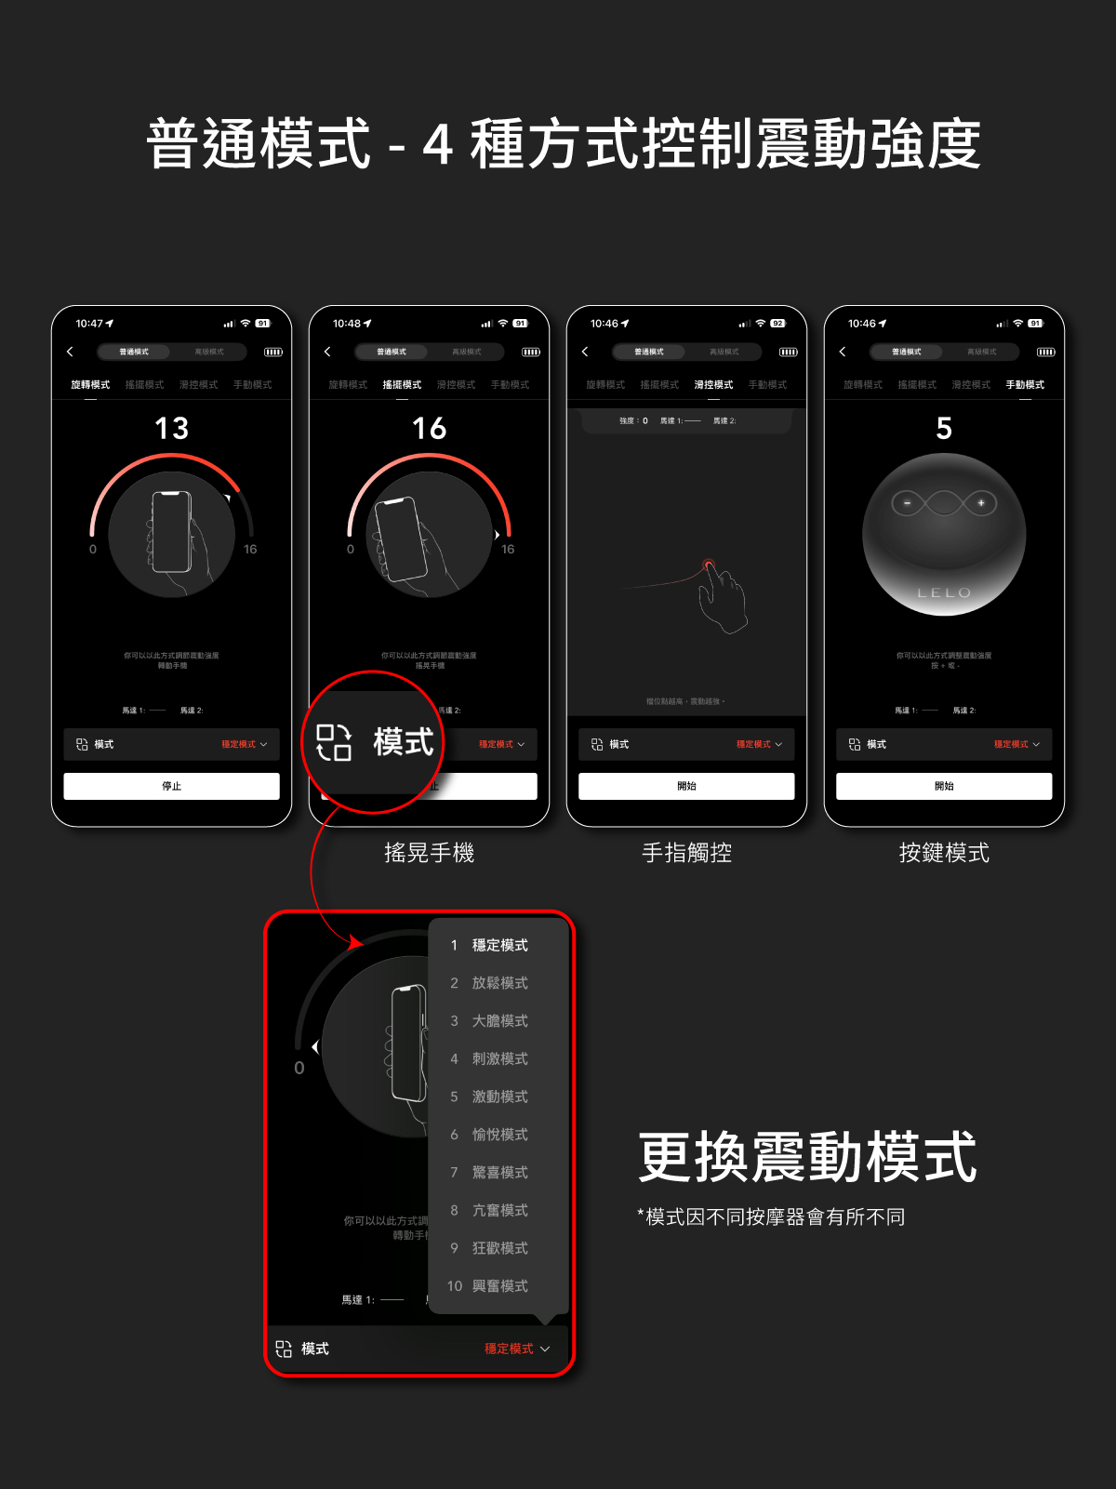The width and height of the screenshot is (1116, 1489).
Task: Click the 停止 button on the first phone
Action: [171, 786]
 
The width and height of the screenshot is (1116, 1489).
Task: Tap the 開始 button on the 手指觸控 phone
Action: [686, 786]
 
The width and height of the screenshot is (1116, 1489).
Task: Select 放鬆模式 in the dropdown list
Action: [499, 983]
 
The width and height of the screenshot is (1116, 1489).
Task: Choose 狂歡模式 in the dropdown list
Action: [499, 1248]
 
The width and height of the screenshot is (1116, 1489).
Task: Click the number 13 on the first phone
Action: [172, 429]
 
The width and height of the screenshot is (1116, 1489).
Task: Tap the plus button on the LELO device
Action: [981, 503]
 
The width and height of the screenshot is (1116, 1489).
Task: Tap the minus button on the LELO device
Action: [908, 503]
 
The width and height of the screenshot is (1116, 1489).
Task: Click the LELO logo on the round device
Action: [944, 592]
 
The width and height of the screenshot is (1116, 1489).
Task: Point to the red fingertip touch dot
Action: [709, 564]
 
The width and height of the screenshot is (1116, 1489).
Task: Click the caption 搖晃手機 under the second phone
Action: [429, 853]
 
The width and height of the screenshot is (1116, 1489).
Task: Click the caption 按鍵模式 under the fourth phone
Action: [944, 853]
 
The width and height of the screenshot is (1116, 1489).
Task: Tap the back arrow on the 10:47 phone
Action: [70, 352]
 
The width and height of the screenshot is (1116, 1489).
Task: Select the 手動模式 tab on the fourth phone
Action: [1025, 385]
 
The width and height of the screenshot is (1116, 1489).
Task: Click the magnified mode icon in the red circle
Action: [334, 742]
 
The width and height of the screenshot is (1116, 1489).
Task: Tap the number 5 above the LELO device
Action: [944, 429]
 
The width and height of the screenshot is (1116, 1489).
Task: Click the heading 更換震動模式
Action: [807, 1158]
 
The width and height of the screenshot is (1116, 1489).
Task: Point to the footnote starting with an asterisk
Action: [771, 1217]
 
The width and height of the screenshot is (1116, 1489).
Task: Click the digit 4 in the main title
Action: [437, 145]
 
